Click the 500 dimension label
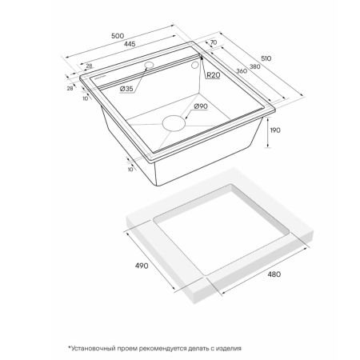[x=118, y=36]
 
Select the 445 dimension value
[x=130, y=44]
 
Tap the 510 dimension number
[x=266, y=58]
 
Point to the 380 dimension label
[x=255, y=66]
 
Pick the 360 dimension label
[x=242, y=71]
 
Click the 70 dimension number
[x=214, y=42]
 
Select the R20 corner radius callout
[x=214, y=75]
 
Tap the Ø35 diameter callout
[x=126, y=89]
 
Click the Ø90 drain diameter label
[x=201, y=106]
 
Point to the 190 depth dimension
[x=275, y=130]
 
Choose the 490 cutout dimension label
[x=142, y=266]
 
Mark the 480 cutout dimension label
[x=274, y=274]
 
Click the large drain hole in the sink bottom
[x=174, y=123]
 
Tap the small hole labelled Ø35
[x=149, y=65]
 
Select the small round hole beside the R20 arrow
[x=195, y=65]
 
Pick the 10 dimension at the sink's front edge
[x=130, y=170]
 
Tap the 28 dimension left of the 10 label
[x=70, y=88]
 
